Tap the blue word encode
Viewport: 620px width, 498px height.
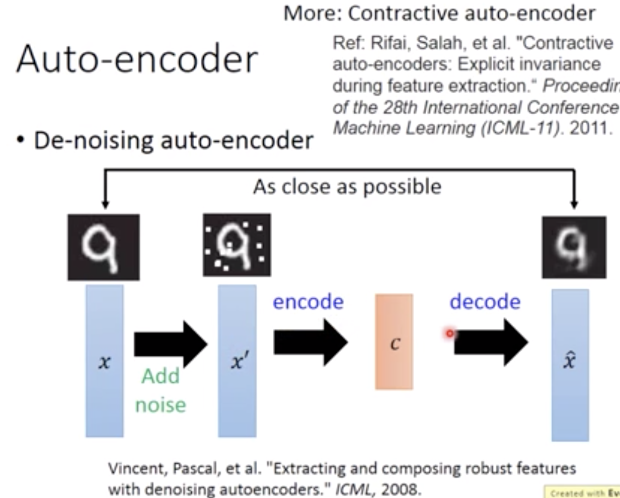[x=308, y=302]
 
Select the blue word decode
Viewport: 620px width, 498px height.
[x=485, y=301]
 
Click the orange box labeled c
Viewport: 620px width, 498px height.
[x=394, y=342]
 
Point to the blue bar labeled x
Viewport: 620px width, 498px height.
[x=105, y=361]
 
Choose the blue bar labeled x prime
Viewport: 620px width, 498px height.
[x=237, y=361]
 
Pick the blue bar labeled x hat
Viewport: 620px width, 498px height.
[x=570, y=364]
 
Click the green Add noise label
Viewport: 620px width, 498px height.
[x=161, y=390]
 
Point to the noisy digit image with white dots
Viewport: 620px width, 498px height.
[x=237, y=245]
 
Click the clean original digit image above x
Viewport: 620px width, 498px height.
[x=104, y=247]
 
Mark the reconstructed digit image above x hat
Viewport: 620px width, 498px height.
[x=574, y=247]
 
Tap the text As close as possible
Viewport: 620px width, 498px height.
[x=347, y=187]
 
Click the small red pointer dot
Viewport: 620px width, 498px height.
[x=450, y=333]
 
